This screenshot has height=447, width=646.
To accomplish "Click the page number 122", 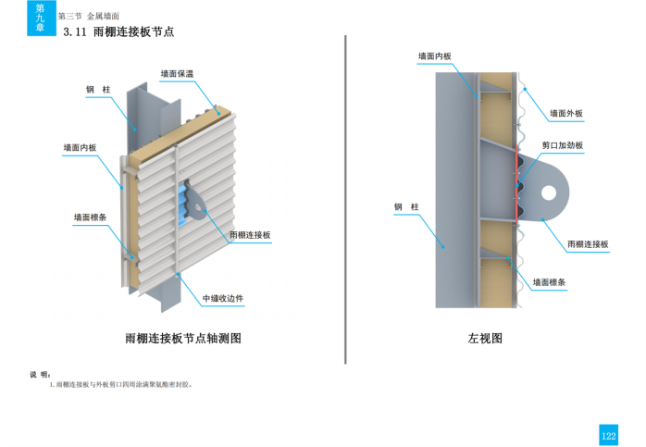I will click(x=608, y=435).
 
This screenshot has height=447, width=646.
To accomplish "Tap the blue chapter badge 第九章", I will click(x=39, y=18).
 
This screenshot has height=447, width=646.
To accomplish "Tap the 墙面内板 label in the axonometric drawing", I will click(x=80, y=147).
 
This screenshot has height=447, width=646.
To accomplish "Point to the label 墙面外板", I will click(x=566, y=114).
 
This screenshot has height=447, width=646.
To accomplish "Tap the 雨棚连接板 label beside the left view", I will click(x=588, y=244).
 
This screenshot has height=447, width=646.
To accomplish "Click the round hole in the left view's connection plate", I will click(x=549, y=192).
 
